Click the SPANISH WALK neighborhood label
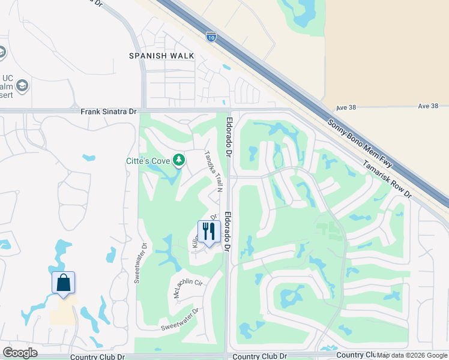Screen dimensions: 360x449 (161, 56)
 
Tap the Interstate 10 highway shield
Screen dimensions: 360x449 (211, 37)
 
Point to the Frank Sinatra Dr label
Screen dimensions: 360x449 (109, 112)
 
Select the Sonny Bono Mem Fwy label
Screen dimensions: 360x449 (360, 149)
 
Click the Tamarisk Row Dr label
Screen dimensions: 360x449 (387, 178)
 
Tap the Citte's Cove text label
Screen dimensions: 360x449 (147, 160)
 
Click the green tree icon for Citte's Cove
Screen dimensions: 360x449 (178, 160)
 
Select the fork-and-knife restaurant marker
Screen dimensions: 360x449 (209, 231)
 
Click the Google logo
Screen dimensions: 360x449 (20, 353)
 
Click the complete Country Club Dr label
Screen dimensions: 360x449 (97, 356)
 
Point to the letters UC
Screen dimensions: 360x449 (7, 78)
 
